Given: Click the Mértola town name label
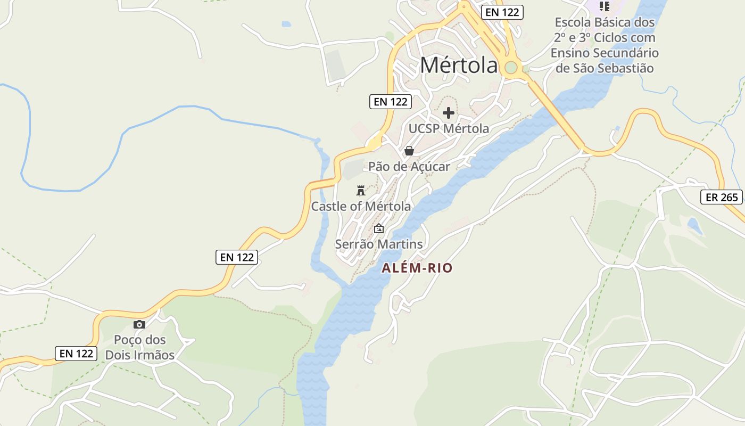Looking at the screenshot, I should coord(459,65).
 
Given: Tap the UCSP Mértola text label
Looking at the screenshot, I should coord(449,128).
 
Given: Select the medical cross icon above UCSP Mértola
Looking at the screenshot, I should coord(449,113).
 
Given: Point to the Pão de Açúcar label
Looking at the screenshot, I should coord(409,166).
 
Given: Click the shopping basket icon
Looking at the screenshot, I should coord(409,151).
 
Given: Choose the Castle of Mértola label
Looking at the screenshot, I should coord(361,206).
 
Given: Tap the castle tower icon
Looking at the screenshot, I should coord(361,191).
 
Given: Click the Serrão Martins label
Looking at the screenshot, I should coord(379,244).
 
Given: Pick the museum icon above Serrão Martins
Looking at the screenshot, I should coord(379,229).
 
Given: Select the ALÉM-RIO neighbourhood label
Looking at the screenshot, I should coord(417,268).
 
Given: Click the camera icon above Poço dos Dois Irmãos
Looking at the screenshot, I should coord(139,324).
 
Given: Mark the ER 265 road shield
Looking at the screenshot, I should coord(722,198).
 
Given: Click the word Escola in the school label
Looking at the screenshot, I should coord(574,22).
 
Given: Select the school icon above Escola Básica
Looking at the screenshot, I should coord(605,6).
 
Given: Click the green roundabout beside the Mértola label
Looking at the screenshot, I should coord(511,68).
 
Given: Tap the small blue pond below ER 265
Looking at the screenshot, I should coord(694,226).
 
